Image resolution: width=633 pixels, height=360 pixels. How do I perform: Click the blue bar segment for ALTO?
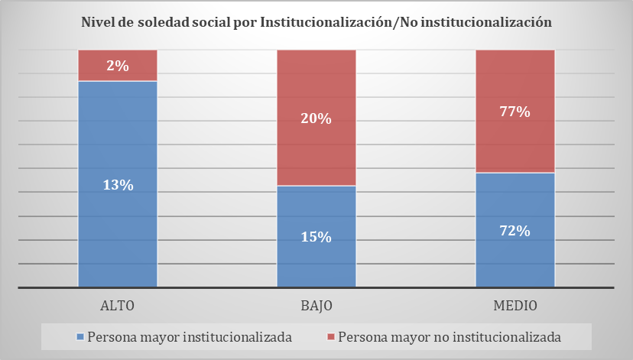point(117,229)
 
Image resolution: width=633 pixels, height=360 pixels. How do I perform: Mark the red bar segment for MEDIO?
point(515,145)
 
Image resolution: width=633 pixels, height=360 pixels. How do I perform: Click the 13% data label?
point(118,184)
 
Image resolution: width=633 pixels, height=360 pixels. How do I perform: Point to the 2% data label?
point(118,66)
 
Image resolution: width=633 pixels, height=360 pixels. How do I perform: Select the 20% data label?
point(316,118)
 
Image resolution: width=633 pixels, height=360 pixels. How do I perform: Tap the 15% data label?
point(316,237)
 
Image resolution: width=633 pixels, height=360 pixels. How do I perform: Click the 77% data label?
point(515,112)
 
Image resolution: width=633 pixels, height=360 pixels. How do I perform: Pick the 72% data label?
point(515,230)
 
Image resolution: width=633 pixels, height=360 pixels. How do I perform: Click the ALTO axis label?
point(118,306)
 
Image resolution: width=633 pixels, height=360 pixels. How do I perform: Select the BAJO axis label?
point(316,306)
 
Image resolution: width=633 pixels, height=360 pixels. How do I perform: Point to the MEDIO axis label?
point(515,306)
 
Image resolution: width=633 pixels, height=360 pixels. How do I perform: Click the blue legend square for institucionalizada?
point(80,337)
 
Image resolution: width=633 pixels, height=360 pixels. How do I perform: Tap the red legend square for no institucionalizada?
point(330,337)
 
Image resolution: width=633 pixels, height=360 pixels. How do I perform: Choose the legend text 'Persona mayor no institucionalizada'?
point(450,337)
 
